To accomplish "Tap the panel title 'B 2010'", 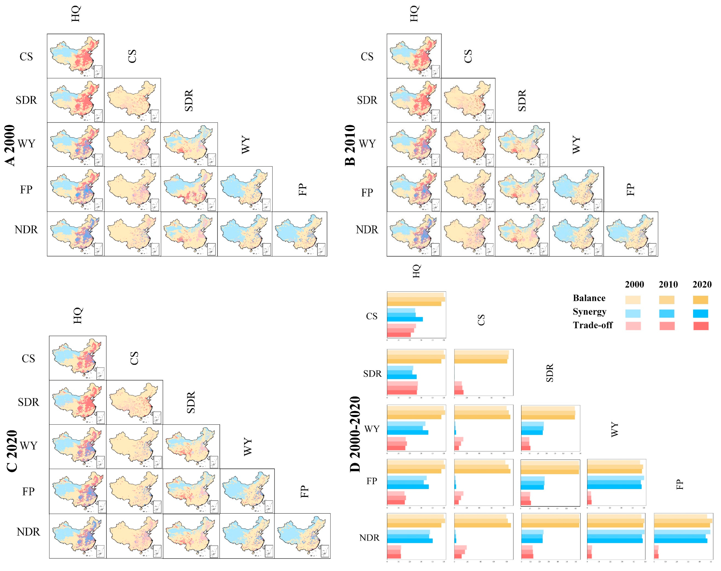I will (350, 145).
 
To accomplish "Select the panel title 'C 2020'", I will (12, 451).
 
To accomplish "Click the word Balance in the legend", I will (589, 298).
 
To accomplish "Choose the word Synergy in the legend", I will (589, 312).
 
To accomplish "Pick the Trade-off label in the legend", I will (592, 325).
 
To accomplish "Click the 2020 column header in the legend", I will (702, 284).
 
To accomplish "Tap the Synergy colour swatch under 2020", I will (701, 313).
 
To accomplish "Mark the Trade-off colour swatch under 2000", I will (633, 326).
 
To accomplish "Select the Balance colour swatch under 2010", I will (667, 299).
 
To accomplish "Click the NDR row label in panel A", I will (26, 230).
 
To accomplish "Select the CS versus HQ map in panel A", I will (76, 56).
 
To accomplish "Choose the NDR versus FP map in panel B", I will (631, 234).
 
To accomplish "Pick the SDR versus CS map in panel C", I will (134, 402).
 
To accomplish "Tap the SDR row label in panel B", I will (367, 100).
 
